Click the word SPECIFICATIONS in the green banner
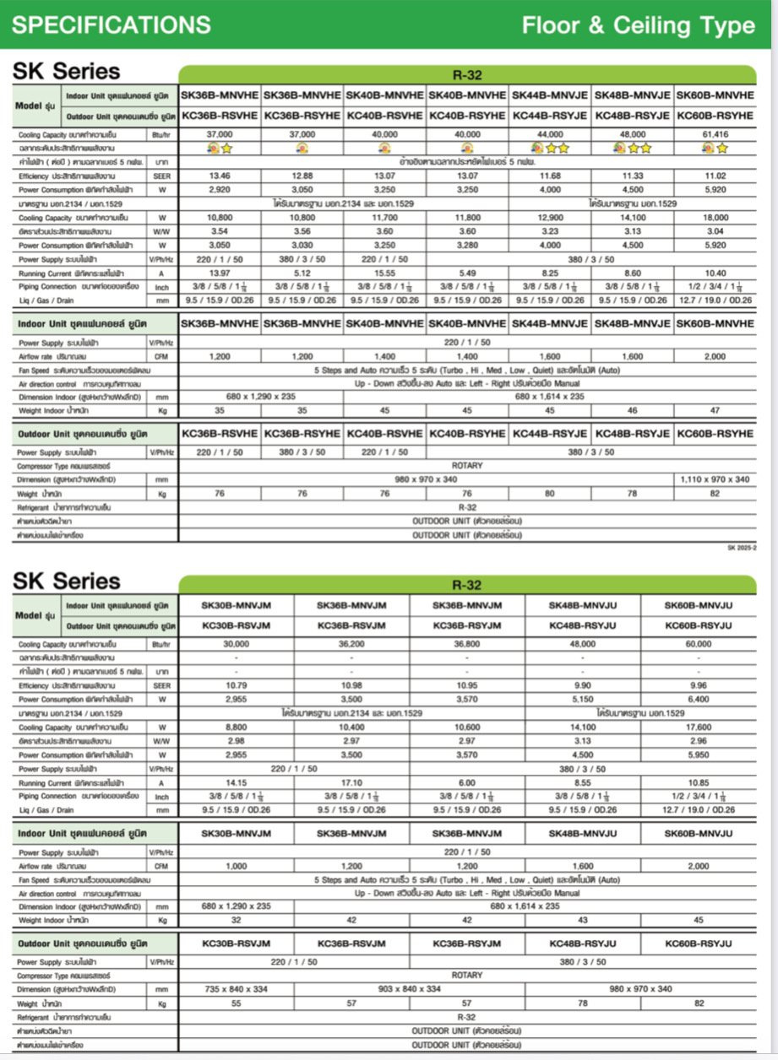(112, 24)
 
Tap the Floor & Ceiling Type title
(638, 25)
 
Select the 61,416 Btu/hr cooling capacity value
(715, 134)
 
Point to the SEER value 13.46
(220, 176)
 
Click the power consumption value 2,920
(220, 190)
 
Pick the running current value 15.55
(384, 273)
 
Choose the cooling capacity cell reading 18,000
(715, 218)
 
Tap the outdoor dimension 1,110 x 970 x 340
(715, 479)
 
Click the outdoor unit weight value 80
(549, 494)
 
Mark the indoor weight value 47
(715, 410)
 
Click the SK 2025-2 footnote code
(743, 548)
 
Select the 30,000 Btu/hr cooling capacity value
(236, 644)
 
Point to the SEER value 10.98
(351, 685)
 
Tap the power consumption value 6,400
(698, 700)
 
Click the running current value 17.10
(351, 782)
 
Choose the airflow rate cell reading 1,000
(236, 866)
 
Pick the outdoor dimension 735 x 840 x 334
(236, 989)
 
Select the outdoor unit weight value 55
(236, 1003)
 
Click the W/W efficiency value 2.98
(236, 740)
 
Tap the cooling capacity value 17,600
(698, 727)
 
